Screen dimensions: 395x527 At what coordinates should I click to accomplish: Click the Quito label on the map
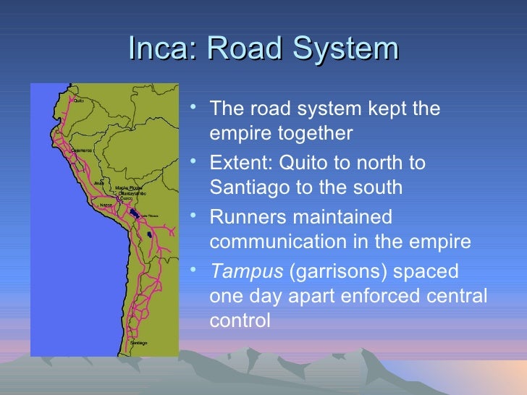click(78, 101)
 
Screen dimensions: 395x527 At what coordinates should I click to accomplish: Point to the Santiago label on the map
click(138, 341)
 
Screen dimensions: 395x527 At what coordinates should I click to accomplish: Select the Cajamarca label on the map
click(81, 150)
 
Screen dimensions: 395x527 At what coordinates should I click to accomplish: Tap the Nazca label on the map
click(106, 205)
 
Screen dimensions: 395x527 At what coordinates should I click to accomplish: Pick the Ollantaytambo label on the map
click(132, 194)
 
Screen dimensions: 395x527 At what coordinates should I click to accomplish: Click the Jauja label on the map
click(99, 182)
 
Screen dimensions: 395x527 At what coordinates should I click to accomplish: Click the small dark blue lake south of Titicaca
click(148, 235)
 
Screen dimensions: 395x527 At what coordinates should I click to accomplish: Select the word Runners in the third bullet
click(244, 217)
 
